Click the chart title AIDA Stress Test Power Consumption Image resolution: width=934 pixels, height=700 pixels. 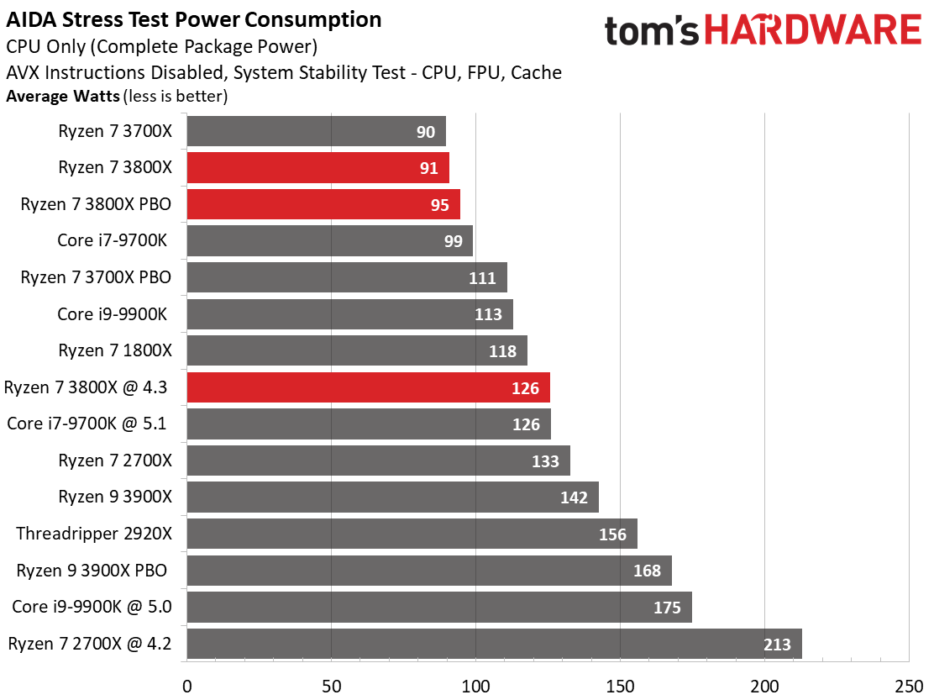coord(193,19)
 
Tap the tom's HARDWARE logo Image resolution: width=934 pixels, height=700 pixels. coord(763,30)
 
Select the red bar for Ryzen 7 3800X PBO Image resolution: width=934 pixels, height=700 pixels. coord(323,204)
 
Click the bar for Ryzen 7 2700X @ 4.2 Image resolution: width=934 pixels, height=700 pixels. coord(495,644)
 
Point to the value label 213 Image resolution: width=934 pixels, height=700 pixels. coord(777,644)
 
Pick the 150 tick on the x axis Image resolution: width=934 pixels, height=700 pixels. coord(620,687)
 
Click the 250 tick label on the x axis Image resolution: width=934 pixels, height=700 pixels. coord(909,687)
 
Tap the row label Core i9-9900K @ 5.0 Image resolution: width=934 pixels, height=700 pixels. coord(92,607)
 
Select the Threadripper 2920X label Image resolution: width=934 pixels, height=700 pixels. coord(94,533)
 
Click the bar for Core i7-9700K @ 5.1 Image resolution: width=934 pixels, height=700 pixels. coord(369,424)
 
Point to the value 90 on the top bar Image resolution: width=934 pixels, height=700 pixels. coord(425,132)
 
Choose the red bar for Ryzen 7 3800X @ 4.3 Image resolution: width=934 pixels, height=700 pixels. coord(369,388)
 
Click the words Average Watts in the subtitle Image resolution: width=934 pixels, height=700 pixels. coord(63,96)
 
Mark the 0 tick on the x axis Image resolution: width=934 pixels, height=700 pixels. coord(187,687)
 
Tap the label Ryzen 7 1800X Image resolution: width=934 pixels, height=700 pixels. coord(115,350)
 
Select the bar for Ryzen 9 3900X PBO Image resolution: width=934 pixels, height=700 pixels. coord(429,571)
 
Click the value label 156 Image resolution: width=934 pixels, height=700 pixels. coord(612,534)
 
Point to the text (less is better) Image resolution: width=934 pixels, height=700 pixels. coord(176,96)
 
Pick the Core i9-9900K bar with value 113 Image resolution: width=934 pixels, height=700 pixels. coord(350,314)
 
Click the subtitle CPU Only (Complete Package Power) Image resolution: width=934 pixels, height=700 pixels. coord(161,46)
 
